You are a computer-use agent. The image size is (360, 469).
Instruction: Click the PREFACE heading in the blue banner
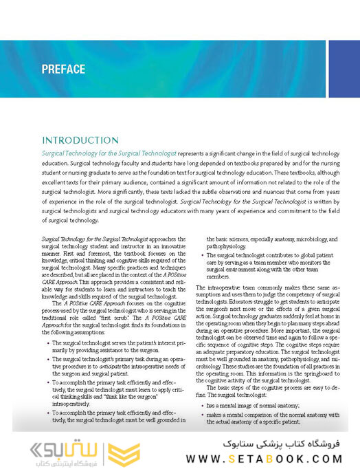pyautogui.click(x=63, y=69)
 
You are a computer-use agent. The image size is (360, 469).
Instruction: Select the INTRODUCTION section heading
pyautogui.click(x=80, y=140)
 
